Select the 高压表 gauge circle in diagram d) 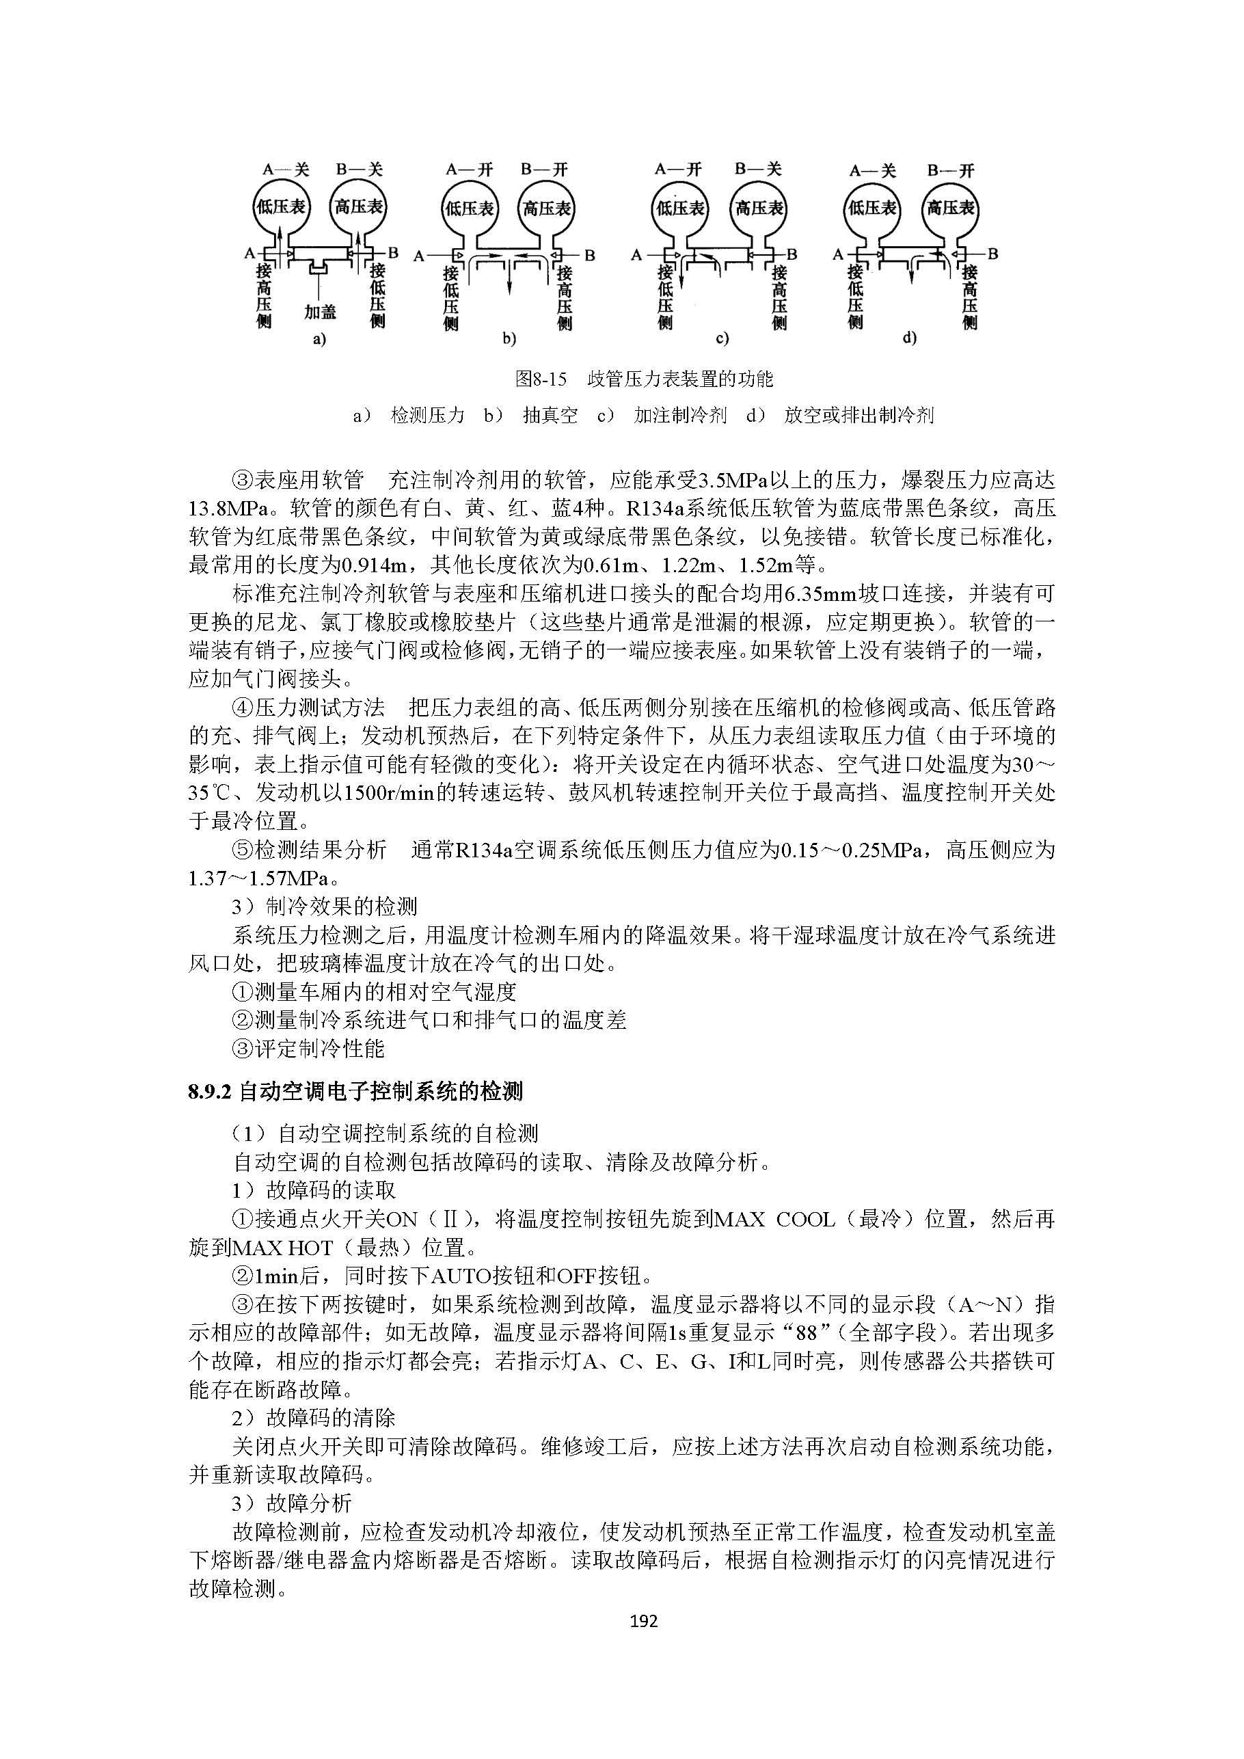pyautogui.click(x=951, y=208)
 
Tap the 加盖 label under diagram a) pyautogui.click(x=319, y=312)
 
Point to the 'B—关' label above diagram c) pyautogui.click(x=757, y=169)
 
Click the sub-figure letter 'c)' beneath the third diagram pyautogui.click(x=722, y=338)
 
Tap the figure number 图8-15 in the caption pyautogui.click(x=541, y=379)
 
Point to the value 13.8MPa pyautogui.click(x=228, y=509)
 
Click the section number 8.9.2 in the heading pyautogui.click(x=210, y=1091)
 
